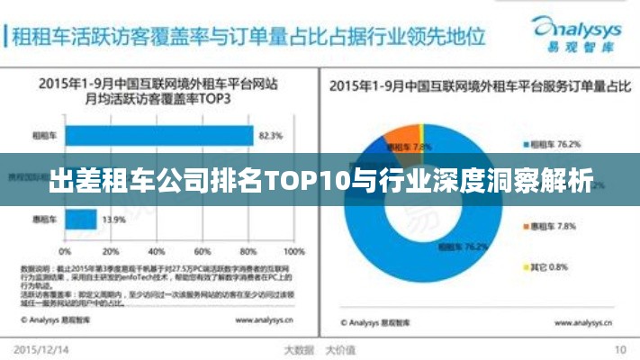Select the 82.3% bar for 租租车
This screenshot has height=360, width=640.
tap(158, 136)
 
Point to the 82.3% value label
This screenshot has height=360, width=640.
tap(271, 137)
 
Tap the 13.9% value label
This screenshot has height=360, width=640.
tap(113, 220)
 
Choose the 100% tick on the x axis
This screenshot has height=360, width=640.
tap(293, 251)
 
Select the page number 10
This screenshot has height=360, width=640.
tap(620, 349)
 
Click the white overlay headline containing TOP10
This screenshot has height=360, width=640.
tap(320, 181)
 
